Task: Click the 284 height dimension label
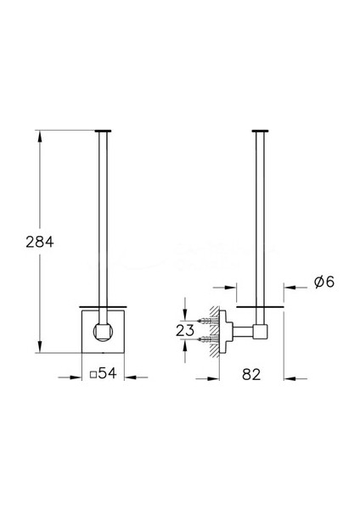40,242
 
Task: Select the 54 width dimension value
107,373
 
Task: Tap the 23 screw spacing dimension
185,331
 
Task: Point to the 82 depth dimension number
251,375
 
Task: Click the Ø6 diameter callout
324,282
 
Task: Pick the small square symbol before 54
93,375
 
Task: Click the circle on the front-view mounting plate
103,332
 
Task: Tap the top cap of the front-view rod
103,131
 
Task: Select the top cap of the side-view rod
261,131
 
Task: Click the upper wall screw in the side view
207,321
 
